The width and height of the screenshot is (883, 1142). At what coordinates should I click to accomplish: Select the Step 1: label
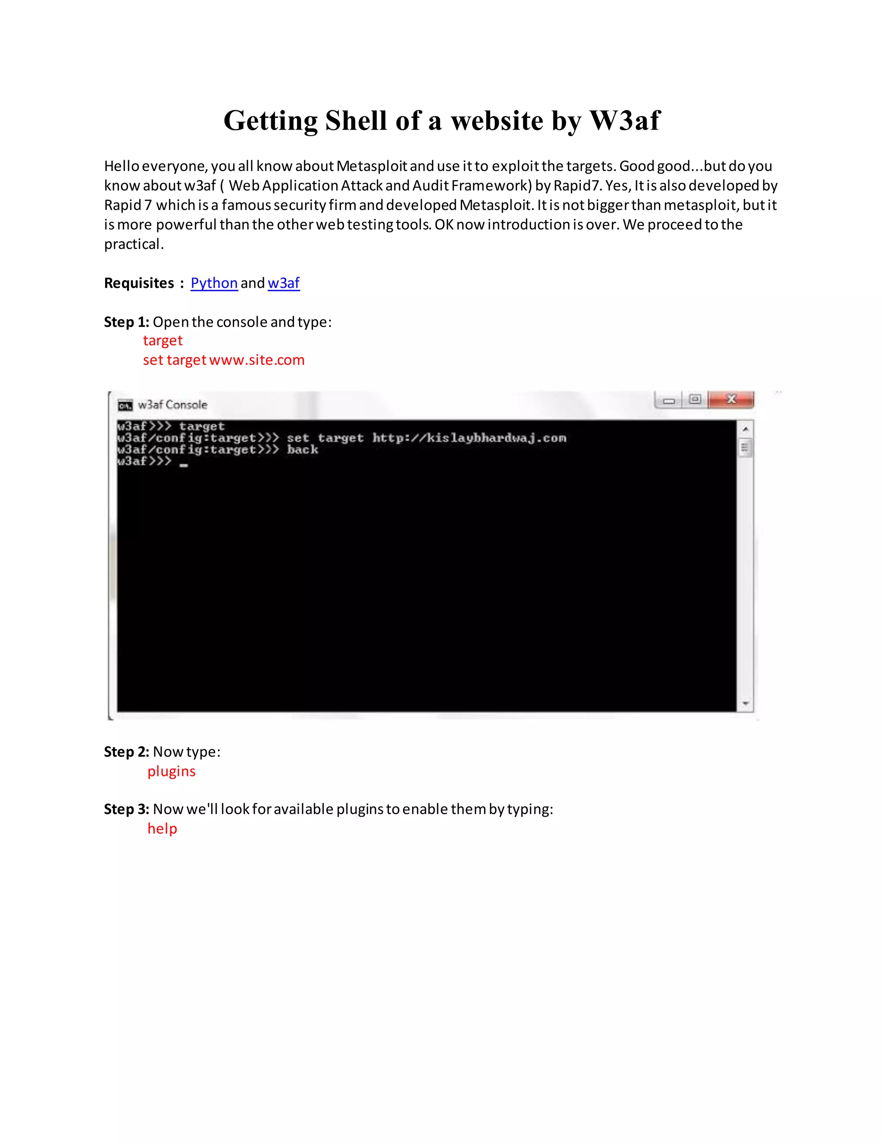coord(127,321)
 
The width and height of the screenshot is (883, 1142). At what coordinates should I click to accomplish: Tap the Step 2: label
coord(127,752)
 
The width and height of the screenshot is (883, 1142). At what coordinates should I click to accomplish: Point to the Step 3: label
coord(127,809)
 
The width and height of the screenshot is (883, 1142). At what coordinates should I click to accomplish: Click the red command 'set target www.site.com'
coord(223,360)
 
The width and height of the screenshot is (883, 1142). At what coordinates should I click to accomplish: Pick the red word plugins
coord(171,771)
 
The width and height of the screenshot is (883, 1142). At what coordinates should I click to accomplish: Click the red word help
coord(162,829)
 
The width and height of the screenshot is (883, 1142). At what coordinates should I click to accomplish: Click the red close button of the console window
coord(731,399)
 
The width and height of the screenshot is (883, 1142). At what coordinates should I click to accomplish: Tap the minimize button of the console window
coord(669,400)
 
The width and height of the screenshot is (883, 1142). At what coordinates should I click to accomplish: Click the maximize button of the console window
coord(695,399)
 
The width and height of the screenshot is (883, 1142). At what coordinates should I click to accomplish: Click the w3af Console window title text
coord(172,405)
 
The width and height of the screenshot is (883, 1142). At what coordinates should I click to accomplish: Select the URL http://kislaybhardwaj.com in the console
coord(469,438)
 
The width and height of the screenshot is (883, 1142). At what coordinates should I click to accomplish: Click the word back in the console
coord(302,449)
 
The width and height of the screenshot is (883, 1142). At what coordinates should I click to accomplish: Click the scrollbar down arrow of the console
coord(745,704)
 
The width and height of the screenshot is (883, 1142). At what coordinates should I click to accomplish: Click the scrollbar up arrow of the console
coord(745,429)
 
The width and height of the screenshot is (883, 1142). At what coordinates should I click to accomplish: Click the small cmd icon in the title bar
coord(125,405)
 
